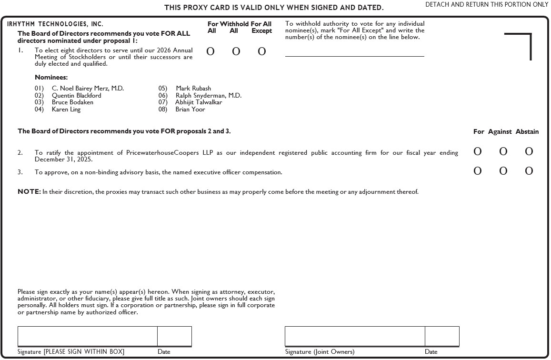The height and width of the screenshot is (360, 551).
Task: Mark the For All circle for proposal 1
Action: point(210,51)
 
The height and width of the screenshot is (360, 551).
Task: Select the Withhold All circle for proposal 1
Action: point(236,51)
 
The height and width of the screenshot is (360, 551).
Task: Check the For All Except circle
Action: point(261,51)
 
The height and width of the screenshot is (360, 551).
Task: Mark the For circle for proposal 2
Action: point(477,151)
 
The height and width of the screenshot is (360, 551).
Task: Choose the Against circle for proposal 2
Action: point(503,151)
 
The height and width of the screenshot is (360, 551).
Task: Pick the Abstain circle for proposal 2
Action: point(529,151)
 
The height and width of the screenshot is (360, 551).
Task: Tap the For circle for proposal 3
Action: point(477,171)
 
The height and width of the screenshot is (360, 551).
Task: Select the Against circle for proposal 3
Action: point(503,171)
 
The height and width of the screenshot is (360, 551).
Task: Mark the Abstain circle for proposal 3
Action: point(529,171)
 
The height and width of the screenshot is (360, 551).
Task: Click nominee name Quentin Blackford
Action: point(76,95)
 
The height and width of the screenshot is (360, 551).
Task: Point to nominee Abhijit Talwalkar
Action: point(198,102)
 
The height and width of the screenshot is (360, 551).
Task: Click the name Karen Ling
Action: point(66,109)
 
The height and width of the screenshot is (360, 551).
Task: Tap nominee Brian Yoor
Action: point(190,109)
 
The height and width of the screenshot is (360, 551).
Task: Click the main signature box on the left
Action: point(88,336)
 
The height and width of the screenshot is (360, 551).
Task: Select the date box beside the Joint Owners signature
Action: point(442,336)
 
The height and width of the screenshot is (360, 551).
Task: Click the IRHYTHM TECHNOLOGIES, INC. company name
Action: point(55,24)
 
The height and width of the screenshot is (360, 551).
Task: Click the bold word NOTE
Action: point(29,192)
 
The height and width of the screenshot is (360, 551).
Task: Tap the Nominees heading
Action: point(51,77)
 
